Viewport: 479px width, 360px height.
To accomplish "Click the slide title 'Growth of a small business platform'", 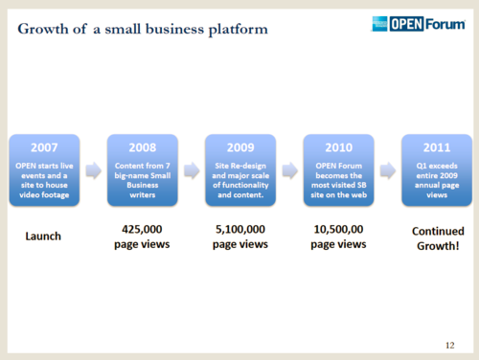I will tap(143, 29).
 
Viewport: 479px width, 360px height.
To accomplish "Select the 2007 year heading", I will tap(44, 148).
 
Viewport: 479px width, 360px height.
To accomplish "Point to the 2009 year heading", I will tap(239, 148).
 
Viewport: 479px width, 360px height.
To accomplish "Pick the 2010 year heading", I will tap(337, 148).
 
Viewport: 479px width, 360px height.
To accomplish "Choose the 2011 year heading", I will tap(435, 148).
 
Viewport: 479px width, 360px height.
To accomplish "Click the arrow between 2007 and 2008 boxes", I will tap(93, 171).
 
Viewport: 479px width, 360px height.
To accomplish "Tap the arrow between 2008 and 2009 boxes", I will tap(191, 171).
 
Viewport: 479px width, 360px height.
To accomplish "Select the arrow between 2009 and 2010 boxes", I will tap(288, 171).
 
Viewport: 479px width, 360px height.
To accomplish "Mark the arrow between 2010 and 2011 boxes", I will tap(386, 171).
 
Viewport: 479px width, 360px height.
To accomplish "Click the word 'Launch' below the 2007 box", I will tap(44, 236).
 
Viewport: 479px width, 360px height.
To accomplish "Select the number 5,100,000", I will tap(239, 230).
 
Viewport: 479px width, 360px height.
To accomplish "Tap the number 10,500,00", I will tap(337, 230).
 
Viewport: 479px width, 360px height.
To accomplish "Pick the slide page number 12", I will tap(450, 343).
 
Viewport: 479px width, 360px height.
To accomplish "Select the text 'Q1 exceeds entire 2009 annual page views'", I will tap(435, 179).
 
